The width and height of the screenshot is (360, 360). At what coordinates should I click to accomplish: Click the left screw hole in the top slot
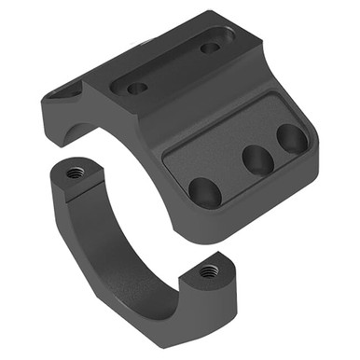pyautogui.click(x=138, y=89)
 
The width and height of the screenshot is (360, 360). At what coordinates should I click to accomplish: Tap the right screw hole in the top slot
pyautogui.click(x=210, y=47)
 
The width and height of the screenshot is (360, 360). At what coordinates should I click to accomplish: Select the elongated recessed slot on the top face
pyautogui.click(x=174, y=67)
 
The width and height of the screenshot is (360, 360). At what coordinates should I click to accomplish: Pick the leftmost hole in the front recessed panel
pyautogui.click(x=205, y=191)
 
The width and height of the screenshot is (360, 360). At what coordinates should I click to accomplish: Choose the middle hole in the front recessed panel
pyautogui.click(x=258, y=159)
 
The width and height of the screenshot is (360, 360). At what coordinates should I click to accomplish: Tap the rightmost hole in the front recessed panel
pyautogui.click(x=292, y=139)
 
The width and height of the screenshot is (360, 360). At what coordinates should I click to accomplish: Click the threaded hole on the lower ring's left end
pyautogui.click(x=75, y=173)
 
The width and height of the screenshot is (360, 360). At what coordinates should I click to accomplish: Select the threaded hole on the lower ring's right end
pyautogui.click(x=209, y=270)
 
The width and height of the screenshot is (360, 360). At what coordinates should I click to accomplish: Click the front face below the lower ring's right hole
pyautogui.click(x=215, y=298)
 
